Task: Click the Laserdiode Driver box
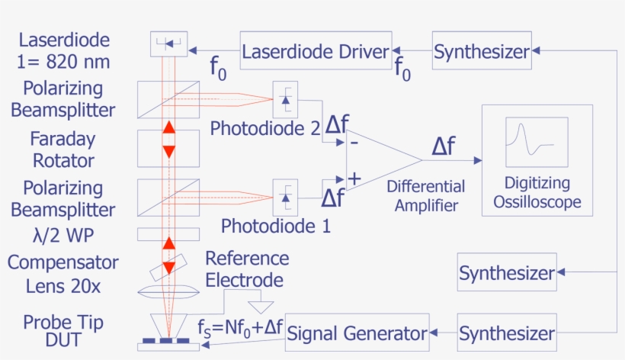pos(316,51)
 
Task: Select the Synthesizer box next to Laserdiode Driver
pos(482,51)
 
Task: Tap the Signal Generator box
pos(357,333)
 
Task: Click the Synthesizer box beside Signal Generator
pos(507,333)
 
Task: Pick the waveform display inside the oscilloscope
pos(537,142)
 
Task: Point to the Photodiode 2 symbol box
pos(285,98)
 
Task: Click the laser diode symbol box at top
pos(168,44)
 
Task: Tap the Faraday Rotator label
pos(62,149)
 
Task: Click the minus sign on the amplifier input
pos(354,143)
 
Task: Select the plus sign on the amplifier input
pos(354,178)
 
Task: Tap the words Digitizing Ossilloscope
pos(537,192)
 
